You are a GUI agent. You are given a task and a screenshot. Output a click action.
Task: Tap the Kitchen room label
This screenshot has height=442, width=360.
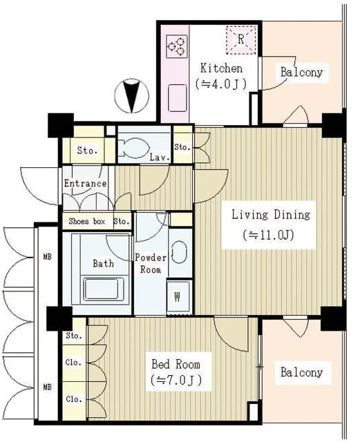click(221, 68)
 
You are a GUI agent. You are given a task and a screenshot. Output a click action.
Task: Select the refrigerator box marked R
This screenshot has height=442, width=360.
click(240, 39)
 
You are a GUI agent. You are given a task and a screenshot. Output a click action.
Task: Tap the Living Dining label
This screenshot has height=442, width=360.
click(270, 214)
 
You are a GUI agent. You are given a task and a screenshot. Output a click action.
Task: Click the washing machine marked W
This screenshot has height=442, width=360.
click(178, 298)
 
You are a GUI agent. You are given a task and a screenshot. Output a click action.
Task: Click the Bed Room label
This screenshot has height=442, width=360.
click(176, 364)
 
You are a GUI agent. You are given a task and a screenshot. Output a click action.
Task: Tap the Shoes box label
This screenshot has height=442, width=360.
click(86, 222)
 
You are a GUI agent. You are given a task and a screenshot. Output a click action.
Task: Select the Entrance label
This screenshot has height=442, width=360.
click(85, 184)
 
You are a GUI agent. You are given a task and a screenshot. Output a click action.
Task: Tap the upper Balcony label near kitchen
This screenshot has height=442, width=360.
click(301, 72)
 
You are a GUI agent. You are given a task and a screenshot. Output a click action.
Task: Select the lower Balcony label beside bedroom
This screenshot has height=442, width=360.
click(301, 372)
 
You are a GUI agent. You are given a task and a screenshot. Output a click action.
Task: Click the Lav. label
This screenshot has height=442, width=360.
click(159, 157)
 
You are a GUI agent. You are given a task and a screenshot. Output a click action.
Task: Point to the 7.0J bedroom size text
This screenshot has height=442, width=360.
click(176, 381)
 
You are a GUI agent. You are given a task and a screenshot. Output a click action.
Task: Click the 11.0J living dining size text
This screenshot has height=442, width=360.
click(269, 235)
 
